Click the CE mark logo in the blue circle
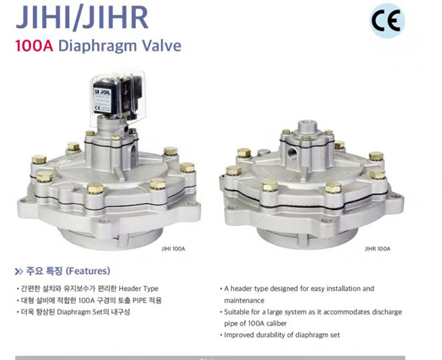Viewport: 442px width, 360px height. [387, 21]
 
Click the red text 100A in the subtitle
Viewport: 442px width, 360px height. [34, 46]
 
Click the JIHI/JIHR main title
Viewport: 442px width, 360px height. [82, 17]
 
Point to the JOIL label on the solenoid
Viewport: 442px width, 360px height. [103, 91]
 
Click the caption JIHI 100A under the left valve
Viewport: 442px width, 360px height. [173, 248]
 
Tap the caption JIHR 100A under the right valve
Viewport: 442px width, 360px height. [377, 248]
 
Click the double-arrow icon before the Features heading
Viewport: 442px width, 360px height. [19, 271]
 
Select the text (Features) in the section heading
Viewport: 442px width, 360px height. [88, 271]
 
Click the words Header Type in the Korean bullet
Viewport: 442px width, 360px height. [138, 289]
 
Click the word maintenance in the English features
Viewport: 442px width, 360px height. [244, 300]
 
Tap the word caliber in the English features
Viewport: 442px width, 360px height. [276, 323]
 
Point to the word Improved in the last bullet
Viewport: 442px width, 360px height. [237, 336]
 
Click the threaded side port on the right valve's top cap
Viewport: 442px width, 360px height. [292, 153]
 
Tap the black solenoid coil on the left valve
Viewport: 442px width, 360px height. [107, 97]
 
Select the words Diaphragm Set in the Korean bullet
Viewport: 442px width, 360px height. [78, 312]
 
